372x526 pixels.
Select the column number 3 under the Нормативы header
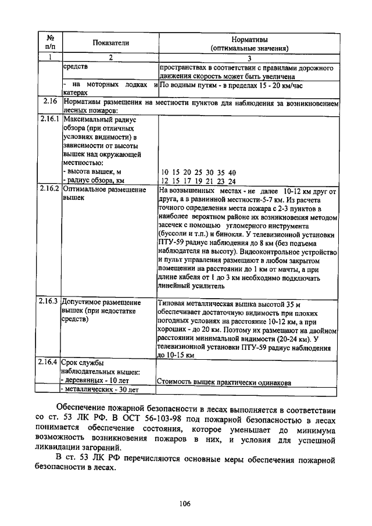pyautogui.click(x=248, y=58)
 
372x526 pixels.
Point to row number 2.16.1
pyautogui.click(x=49, y=119)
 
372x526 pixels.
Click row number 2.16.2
pyautogui.click(x=49, y=189)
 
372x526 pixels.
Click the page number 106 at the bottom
pyautogui.click(x=185, y=503)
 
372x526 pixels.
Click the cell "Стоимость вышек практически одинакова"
pyautogui.click(x=224, y=382)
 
